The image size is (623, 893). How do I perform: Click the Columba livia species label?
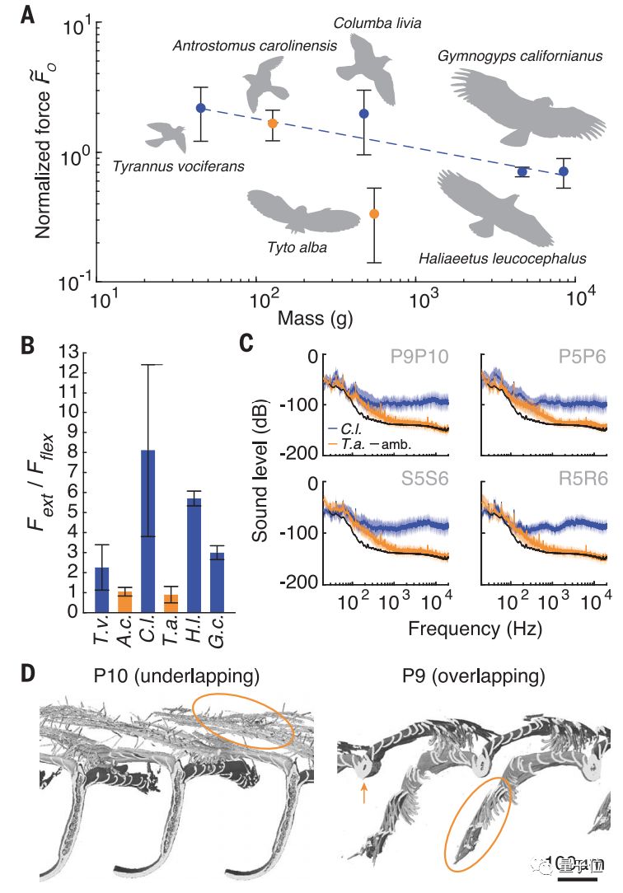[x=377, y=23]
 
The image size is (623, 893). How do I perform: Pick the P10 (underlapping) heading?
[x=177, y=677]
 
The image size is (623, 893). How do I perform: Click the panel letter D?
[x=27, y=673]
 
